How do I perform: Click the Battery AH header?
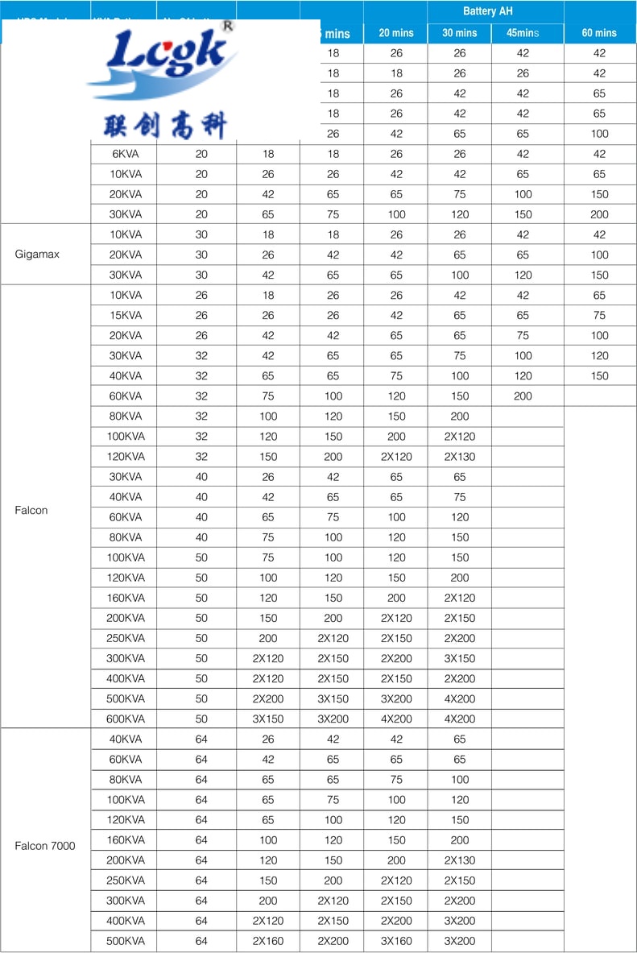(487, 11)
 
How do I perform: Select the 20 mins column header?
(396, 33)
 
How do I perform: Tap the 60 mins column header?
(599, 33)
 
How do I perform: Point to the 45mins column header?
(523, 33)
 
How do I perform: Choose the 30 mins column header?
(459, 33)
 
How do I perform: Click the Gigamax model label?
(37, 255)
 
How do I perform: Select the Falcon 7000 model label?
(45, 845)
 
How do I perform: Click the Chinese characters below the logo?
(166, 125)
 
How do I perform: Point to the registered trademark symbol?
(227, 26)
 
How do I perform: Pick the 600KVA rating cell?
(126, 719)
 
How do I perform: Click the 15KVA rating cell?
(126, 315)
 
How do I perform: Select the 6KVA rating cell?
(126, 154)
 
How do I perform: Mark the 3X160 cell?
(396, 941)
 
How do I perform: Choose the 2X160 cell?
(268, 941)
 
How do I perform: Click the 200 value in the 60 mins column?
(599, 214)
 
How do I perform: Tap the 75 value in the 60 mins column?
(599, 315)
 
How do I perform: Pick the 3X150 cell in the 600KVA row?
(268, 719)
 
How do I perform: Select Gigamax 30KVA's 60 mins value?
(599, 275)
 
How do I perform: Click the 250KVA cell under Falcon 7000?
(126, 880)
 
